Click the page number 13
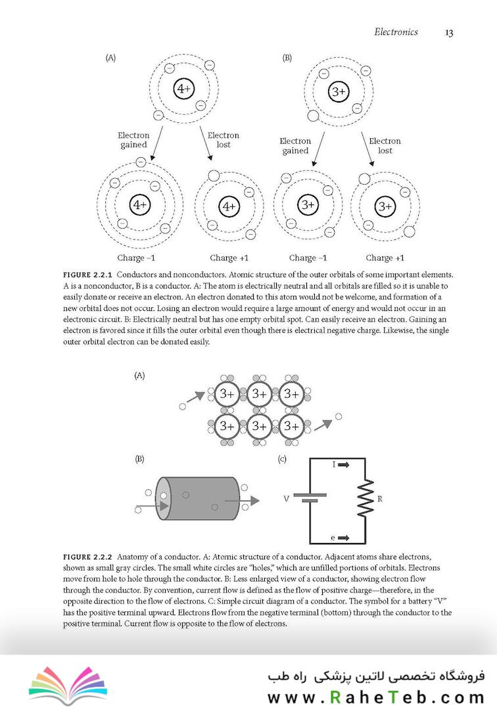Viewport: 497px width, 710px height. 449,32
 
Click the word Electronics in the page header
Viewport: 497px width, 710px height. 396,32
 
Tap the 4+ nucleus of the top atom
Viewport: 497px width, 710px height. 183,89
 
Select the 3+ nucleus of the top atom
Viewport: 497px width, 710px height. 339,91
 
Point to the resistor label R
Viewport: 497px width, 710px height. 380,499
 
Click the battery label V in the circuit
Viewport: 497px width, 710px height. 286,499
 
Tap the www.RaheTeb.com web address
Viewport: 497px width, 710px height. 375,696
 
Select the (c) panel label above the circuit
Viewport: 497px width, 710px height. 283,459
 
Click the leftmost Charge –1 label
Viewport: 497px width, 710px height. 135,258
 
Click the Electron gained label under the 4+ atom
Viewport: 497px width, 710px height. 134,140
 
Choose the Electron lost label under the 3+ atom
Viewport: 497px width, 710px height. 385,145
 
